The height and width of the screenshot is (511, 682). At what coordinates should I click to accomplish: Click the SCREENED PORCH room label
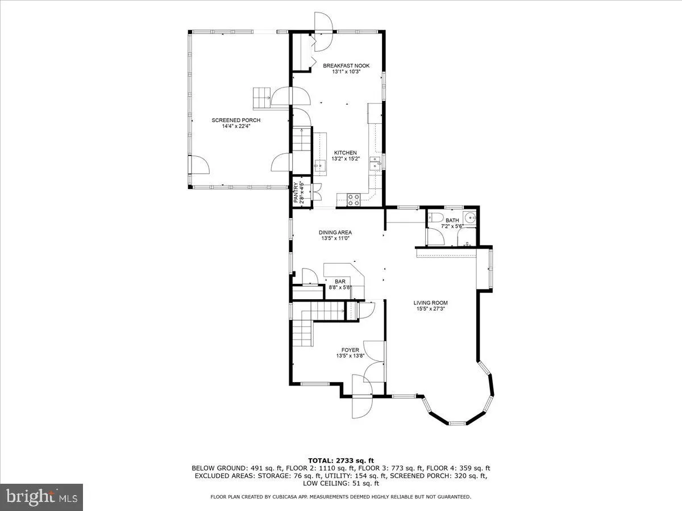(236, 120)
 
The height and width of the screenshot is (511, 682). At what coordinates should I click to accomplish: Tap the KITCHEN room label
(345, 153)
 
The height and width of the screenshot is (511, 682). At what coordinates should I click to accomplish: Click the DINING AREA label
(335, 232)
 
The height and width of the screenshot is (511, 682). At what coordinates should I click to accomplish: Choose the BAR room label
(340, 281)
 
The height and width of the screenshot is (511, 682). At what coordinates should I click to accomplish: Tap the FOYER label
(350, 350)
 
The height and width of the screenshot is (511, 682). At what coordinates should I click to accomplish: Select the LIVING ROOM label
(430, 303)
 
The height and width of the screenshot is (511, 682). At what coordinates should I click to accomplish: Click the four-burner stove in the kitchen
(353, 199)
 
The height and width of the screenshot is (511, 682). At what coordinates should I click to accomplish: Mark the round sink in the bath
(469, 219)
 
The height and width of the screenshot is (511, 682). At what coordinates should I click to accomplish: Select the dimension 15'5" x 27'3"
(430, 309)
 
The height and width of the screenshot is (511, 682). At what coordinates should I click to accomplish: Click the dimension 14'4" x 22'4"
(236, 127)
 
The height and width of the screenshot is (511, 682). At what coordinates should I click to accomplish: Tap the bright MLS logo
(42, 497)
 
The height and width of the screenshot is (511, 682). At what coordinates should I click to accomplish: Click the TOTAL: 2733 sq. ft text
(340, 460)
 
